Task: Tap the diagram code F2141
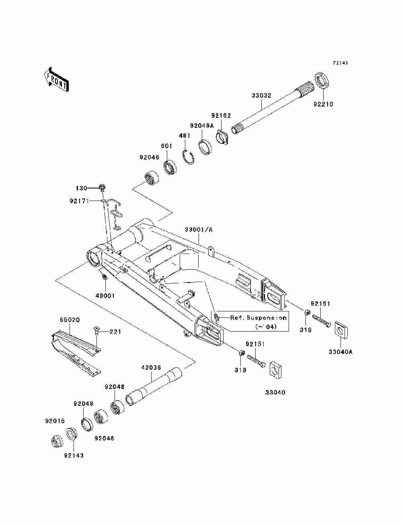click(x=340, y=63)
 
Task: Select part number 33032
click(x=261, y=95)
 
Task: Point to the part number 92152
click(x=221, y=115)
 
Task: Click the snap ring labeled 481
click(x=189, y=157)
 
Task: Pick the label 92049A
click(x=201, y=125)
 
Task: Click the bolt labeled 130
click(x=103, y=188)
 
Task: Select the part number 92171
click(x=79, y=201)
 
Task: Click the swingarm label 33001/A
click(x=199, y=230)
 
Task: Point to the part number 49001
click(x=105, y=296)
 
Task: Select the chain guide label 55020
click(x=70, y=320)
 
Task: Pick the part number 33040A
click(x=340, y=352)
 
